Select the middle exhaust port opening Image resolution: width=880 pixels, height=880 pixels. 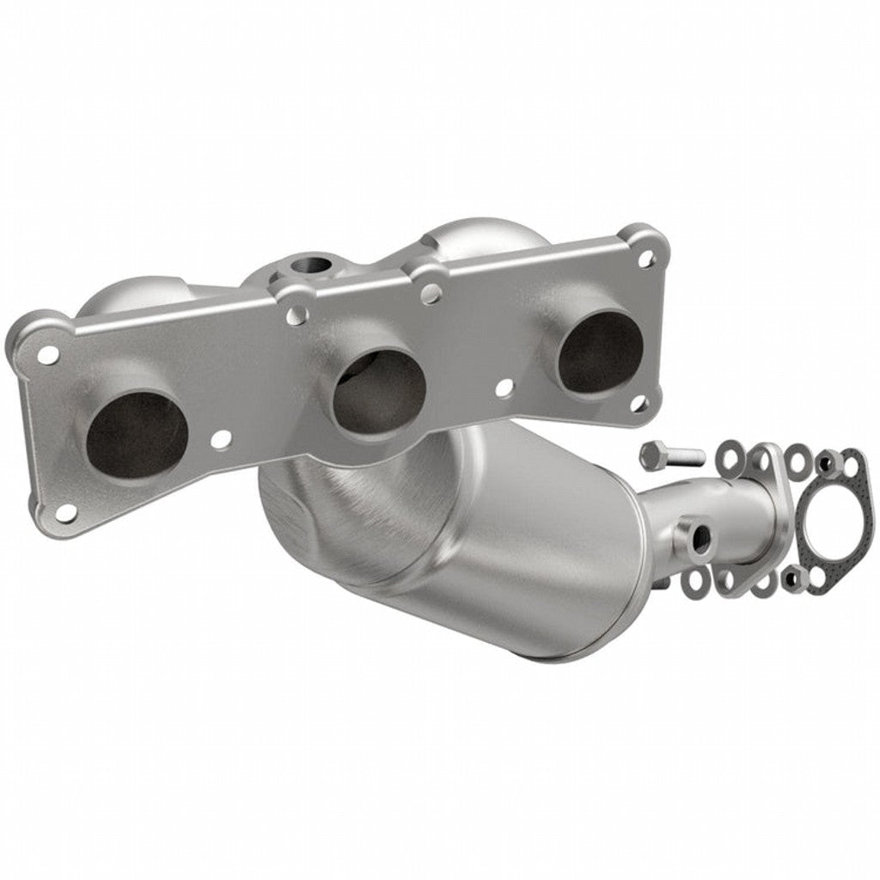point(379,393)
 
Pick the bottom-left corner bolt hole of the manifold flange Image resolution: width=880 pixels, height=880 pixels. point(66,512)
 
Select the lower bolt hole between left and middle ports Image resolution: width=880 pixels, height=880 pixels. point(221,440)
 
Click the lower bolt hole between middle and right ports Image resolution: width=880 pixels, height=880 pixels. point(504,388)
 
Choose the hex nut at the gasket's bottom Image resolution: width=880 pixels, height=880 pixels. point(795,577)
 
